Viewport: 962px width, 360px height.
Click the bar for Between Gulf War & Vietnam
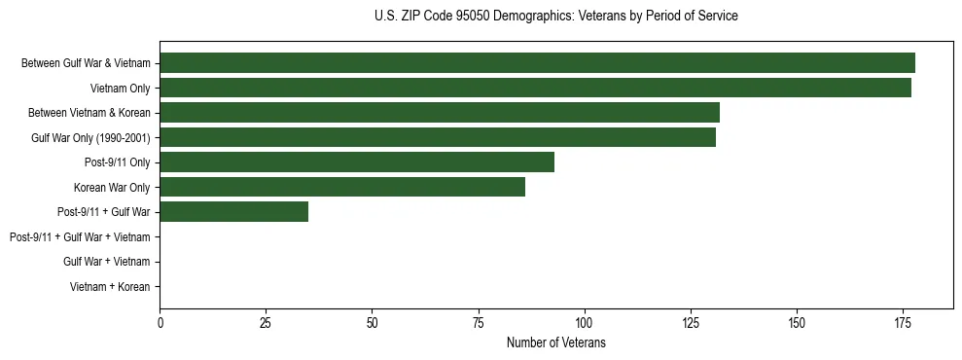coord(537,63)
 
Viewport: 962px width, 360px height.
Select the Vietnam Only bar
coord(535,88)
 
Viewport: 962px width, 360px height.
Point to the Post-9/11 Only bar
coord(357,162)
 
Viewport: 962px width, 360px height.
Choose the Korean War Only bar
coord(342,187)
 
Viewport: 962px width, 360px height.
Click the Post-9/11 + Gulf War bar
coord(234,212)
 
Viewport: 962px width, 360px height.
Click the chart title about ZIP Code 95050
coord(555,17)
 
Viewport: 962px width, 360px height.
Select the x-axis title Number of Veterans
coord(555,342)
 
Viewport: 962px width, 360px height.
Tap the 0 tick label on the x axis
coord(160,321)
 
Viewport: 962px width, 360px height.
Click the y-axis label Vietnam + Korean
coord(110,287)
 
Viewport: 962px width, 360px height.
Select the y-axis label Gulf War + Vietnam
coord(106,262)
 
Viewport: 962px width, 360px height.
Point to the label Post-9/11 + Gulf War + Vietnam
coord(80,237)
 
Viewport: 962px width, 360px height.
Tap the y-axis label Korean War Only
coord(112,187)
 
